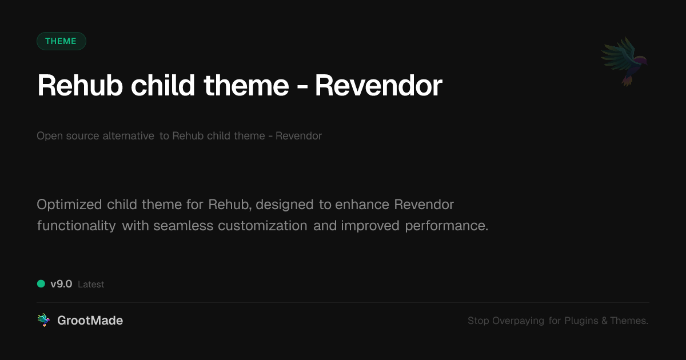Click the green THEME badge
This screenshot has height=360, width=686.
pos(61,41)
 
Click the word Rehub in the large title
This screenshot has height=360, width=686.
pos(80,85)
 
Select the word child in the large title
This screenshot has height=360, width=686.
pos(163,85)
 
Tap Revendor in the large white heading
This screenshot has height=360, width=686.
pos(378,85)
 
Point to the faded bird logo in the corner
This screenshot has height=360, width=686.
pos(624,62)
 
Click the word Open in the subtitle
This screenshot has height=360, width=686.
pos(50,136)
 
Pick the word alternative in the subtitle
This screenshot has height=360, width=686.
pos(128,135)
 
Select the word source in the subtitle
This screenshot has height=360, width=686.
pos(83,136)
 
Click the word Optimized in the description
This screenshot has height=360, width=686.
pos(69,205)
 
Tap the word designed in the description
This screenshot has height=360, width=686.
pos(285,205)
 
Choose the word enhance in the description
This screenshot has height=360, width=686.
pos(362,205)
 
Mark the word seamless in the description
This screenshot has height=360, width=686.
pos(183,226)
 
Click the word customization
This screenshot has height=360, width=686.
pos(262,226)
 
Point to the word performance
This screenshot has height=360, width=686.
pos(446,226)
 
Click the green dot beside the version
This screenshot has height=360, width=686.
pos(41,284)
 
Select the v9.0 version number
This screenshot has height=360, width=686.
pos(61,284)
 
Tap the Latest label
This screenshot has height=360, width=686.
pos(91,285)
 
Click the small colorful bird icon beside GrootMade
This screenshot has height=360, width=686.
pos(43,320)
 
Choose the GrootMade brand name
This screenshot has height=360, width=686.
pos(90,321)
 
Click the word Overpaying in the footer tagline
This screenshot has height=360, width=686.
pos(518,321)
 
